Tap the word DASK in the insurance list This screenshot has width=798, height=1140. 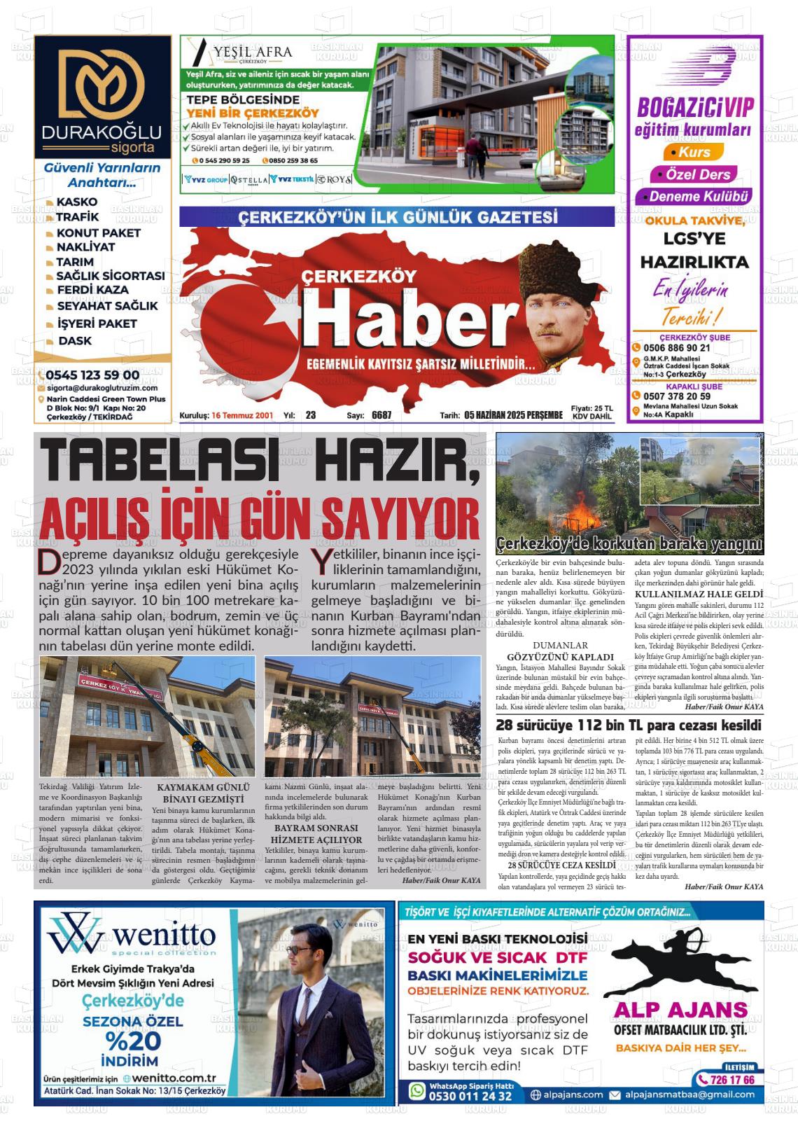click(x=75, y=341)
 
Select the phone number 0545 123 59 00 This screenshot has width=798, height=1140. click(x=92, y=375)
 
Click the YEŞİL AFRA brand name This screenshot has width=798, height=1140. click(x=253, y=52)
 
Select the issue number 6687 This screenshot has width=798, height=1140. click(x=381, y=415)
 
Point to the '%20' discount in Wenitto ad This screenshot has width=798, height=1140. click(x=132, y=1041)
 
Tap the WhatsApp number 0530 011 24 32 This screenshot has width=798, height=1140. click(x=470, y=1096)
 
